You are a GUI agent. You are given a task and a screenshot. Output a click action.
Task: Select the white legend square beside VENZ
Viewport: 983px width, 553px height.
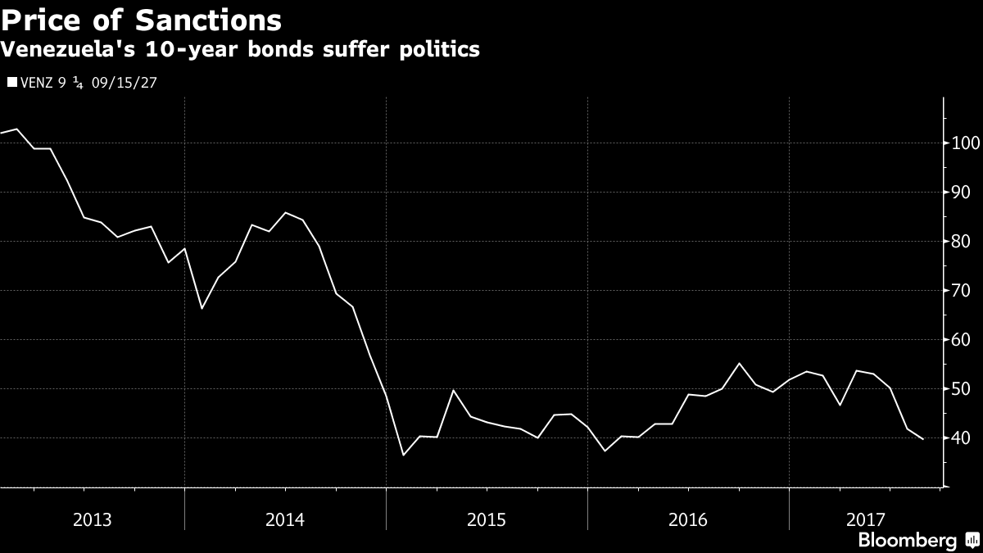[x=11, y=82]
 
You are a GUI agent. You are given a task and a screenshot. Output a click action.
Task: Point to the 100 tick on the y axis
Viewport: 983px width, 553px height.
[x=963, y=143]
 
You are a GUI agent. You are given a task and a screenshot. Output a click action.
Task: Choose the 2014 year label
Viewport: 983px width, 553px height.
[x=284, y=519]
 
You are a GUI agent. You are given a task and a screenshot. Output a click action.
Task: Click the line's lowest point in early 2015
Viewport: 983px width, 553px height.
[x=403, y=455]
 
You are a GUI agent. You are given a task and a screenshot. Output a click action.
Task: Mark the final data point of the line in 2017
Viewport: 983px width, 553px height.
[x=923, y=439]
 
